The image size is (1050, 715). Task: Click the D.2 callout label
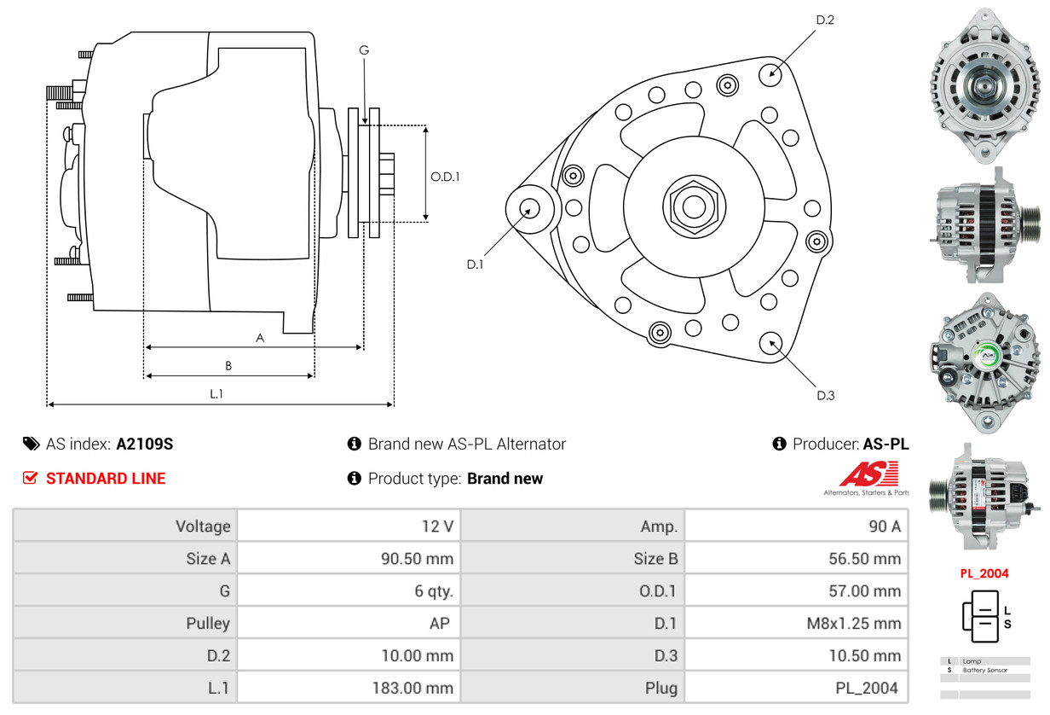click(x=825, y=20)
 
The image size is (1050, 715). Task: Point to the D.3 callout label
click(x=826, y=396)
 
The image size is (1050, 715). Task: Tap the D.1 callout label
click(x=475, y=264)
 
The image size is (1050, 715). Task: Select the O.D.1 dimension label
click(x=445, y=177)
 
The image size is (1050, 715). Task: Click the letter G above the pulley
click(x=364, y=50)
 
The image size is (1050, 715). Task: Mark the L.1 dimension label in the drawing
click(x=216, y=394)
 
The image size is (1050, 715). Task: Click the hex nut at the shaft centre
click(x=694, y=206)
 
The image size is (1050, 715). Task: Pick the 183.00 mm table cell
click(x=412, y=688)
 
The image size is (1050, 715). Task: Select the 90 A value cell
click(x=885, y=526)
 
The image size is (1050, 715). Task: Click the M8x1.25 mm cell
click(x=854, y=624)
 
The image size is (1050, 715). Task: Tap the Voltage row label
click(x=203, y=526)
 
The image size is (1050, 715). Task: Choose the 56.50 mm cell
click(x=864, y=559)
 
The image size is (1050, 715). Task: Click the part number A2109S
click(x=144, y=444)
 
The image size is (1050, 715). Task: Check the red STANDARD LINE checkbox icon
click(x=30, y=478)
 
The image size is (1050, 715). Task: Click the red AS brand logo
click(x=868, y=474)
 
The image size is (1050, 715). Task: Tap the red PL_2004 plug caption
click(x=984, y=573)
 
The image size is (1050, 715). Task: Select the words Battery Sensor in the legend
click(x=985, y=670)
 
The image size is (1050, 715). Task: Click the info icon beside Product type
click(x=354, y=478)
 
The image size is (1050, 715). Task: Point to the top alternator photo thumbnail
click(x=984, y=86)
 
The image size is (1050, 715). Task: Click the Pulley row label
click(x=208, y=624)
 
